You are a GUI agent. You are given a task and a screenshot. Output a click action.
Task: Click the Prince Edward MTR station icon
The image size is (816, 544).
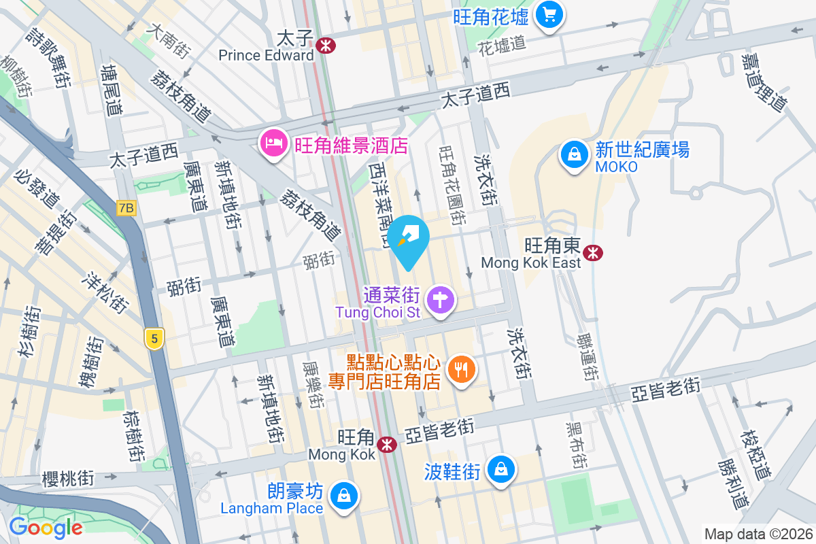[326, 45]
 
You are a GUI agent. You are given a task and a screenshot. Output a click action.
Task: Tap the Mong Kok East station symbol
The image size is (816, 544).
[594, 253]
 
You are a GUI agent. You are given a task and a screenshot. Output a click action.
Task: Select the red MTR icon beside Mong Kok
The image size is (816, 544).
[388, 445]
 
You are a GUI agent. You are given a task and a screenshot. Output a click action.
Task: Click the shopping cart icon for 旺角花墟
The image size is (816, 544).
[548, 14]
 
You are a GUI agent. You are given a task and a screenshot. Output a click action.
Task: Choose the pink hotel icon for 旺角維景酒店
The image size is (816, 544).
[273, 143]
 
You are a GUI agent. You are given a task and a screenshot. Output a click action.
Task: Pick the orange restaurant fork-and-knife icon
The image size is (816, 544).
[462, 369]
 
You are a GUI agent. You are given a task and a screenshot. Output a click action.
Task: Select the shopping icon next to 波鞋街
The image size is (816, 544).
[500, 469]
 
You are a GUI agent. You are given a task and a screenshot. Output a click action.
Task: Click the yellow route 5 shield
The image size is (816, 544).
[155, 338]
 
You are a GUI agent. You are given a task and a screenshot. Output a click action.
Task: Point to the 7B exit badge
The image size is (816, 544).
[126, 208]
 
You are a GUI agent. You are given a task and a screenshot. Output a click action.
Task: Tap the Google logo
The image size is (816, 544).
[46, 527]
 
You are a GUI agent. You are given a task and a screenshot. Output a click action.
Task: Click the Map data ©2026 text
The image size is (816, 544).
[758, 534]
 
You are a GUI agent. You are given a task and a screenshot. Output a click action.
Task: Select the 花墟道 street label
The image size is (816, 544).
[502, 46]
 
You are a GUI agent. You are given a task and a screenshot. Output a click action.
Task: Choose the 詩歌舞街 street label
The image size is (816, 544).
[48, 57]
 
